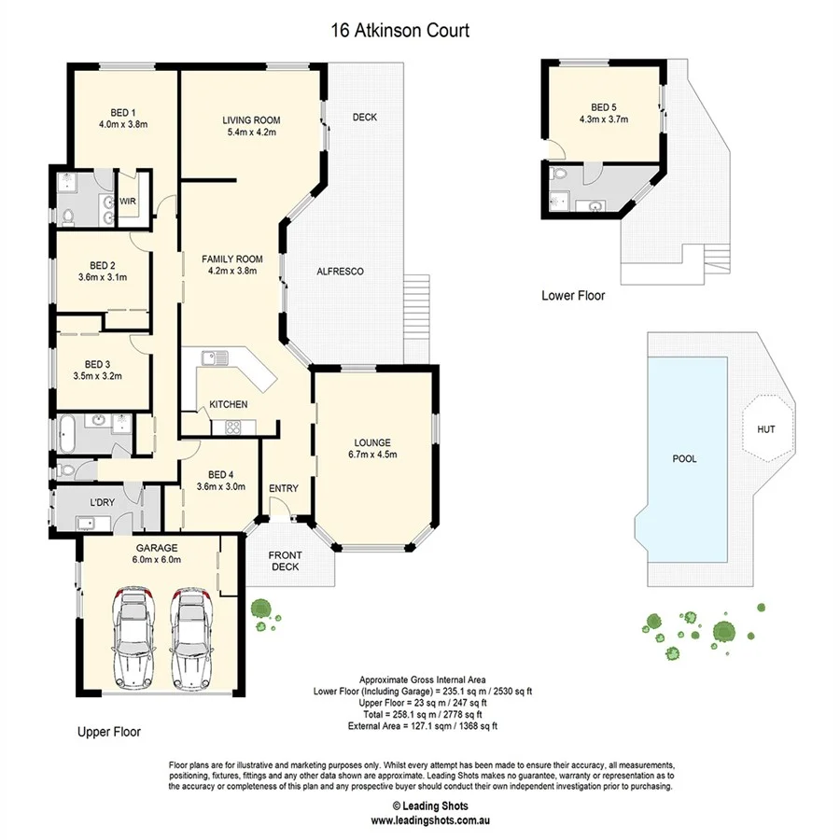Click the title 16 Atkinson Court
point(399,31)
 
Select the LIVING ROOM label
point(251,120)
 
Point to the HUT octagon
point(765,429)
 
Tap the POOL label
point(685,459)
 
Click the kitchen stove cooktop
point(229,427)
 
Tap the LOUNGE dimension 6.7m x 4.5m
point(372,455)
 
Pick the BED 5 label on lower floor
point(604,107)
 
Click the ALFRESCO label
point(340,272)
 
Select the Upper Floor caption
point(108,733)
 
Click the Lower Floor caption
point(573,296)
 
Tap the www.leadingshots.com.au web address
point(430,821)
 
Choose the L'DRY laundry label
point(102,503)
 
